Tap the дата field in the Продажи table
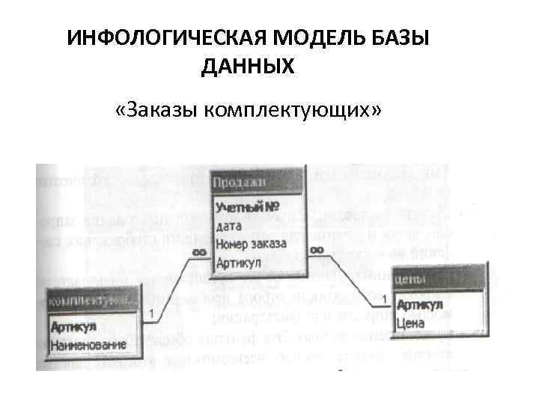[229, 225]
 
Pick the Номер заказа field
[251, 244]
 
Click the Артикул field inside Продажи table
[238, 263]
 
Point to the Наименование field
[87, 346]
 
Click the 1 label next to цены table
[385, 300]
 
